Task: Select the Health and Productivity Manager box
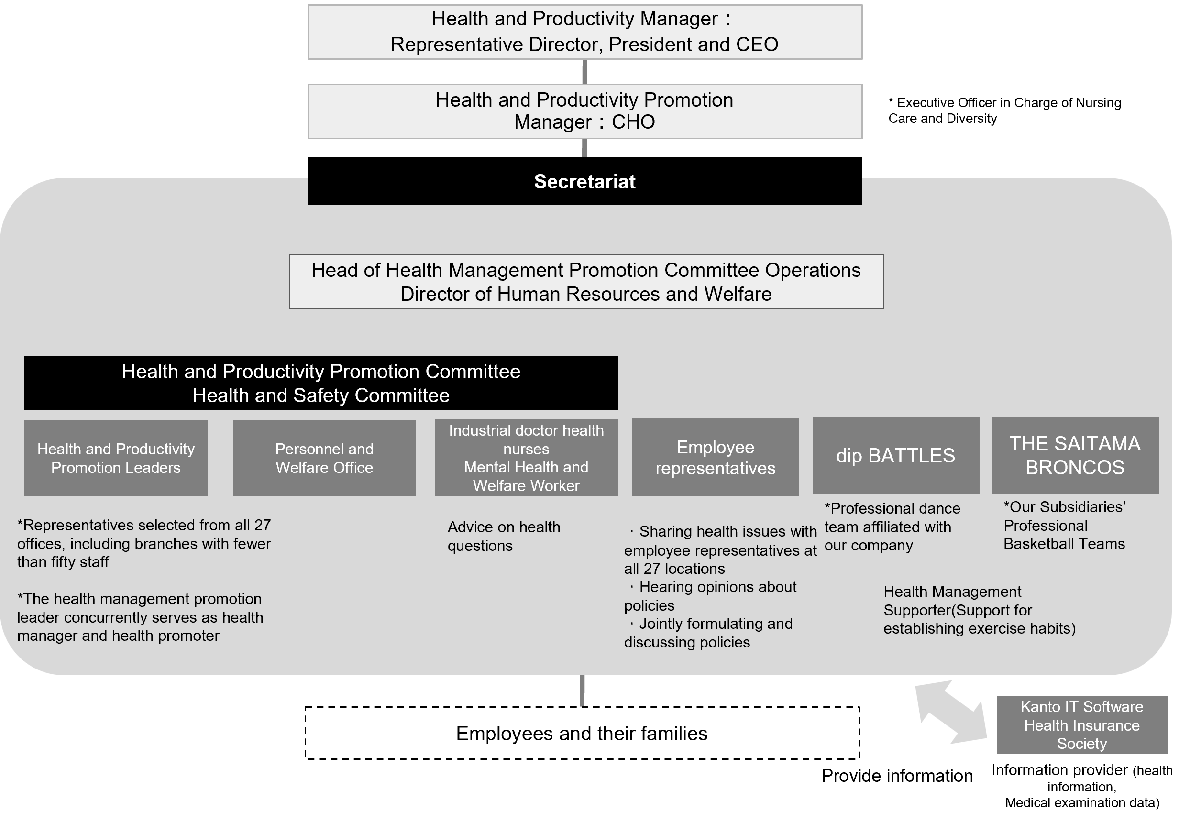[584, 32]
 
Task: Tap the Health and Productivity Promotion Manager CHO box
[584, 111]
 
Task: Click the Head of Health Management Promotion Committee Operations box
[586, 282]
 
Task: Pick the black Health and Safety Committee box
[321, 383]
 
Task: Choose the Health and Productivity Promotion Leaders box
[116, 458]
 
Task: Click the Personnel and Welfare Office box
[324, 458]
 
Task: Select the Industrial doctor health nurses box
[526, 458]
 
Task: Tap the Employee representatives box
[715, 457]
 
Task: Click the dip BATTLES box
[895, 455]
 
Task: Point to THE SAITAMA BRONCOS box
[1075, 455]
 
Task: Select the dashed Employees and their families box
[582, 733]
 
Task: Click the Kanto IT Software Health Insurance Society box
[1081, 724]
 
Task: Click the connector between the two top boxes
[584, 72]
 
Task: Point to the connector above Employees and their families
[582, 691]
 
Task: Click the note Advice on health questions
[504, 536]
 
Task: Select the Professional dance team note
[892, 527]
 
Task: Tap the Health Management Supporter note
[979, 610]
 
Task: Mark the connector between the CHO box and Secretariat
[584, 147]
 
